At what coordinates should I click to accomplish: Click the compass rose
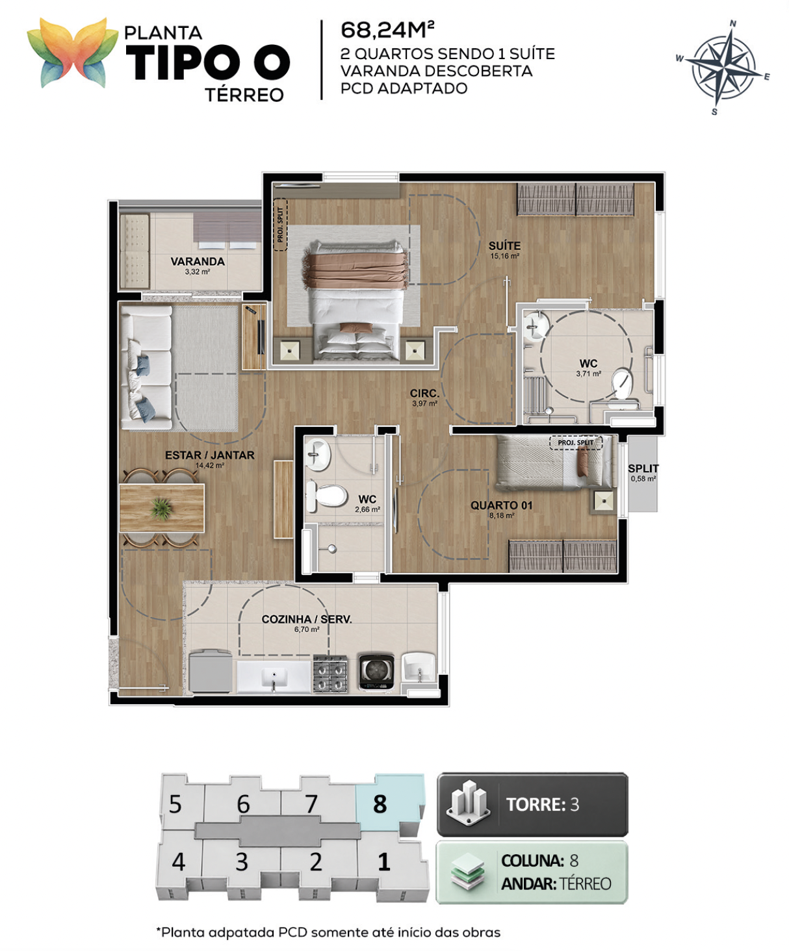pyautogui.click(x=724, y=68)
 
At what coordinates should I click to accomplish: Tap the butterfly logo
pyautogui.click(x=73, y=53)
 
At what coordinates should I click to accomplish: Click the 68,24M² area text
pyautogui.click(x=387, y=31)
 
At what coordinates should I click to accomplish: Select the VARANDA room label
pyautogui.click(x=198, y=261)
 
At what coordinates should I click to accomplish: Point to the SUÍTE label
pyautogui.click(x=504, y=246)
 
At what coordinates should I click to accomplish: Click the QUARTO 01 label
pyautogui.click(x=501, y=505)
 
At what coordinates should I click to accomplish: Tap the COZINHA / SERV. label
pyautogui.click(x=307, y=619)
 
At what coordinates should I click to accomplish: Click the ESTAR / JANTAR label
pyautogui.click(x=210, y=455)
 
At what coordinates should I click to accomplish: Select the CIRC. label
pyautogui.click(x=424, y=393)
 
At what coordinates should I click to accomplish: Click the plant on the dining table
pyautogui.click(x=161, y=508)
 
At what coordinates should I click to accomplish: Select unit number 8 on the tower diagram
pyautogui.click(x=380, y=805)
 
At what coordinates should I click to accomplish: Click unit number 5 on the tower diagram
pyautogui.click(x=175, y=805)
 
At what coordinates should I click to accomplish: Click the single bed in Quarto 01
pyautogui.click(x=554, y=462)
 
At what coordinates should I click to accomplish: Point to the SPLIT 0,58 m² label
pyautogui.click(x=643, y=472)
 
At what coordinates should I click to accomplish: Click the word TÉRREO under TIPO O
pyautogui.click(x=244, y=95)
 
